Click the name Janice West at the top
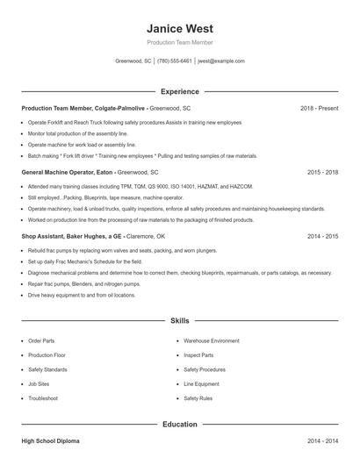[179, 29]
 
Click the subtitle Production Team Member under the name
[179, 42]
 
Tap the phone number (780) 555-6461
[174, 61]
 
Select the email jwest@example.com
[220, 61]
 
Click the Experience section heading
[179, 91]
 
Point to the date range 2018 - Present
[319, 108]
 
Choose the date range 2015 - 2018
[322, 173]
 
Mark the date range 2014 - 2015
[322, 237]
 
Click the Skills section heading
[179, 322]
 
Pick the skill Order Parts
[41, 340]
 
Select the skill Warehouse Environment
[211, 340]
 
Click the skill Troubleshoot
[43, 398]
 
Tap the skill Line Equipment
[201, 383]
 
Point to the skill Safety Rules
[198, 398]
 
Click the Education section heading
[179, 425]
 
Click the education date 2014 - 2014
[322, 441]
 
